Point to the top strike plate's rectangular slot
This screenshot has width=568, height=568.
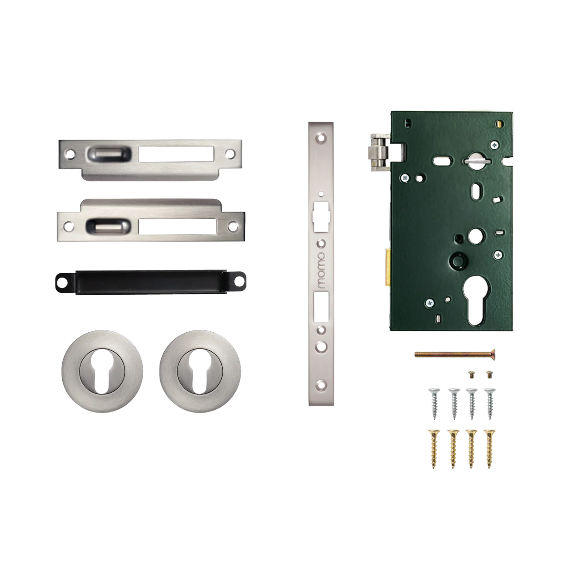(x=177, y=154)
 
